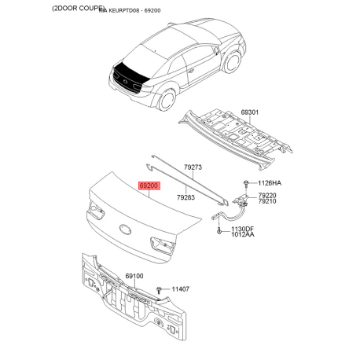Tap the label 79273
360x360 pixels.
193,167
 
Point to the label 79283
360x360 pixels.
186,198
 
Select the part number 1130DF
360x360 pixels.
242,228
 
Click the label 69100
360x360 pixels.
134,277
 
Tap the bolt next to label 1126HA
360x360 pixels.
245,183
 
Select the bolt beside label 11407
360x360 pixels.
160,292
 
